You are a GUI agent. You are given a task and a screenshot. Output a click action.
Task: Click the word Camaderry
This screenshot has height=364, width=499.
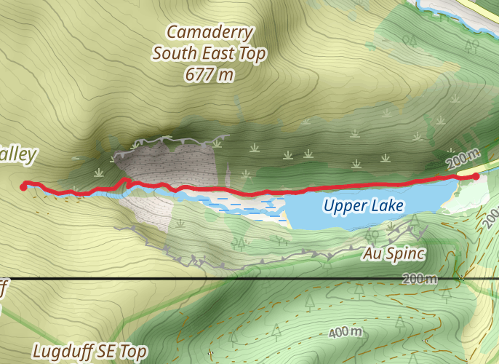[x=209, y=32]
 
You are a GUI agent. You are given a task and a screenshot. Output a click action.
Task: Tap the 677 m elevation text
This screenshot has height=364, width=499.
[x=209, y=74]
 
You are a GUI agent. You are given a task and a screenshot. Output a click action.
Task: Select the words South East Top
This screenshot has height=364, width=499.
[x=209, y=53]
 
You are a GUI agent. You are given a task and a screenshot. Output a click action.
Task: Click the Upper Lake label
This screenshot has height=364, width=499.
[x=363, y=206]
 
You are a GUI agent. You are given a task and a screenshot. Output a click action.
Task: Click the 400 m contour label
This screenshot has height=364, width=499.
[x=346, y=333]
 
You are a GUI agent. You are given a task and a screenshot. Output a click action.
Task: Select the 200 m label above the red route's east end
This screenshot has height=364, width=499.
[x=463, y=157]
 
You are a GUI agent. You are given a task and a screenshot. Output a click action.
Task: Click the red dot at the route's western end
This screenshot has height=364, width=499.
[x=24, y=186]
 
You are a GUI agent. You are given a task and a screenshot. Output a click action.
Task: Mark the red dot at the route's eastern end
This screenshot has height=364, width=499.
[x=476, y=175]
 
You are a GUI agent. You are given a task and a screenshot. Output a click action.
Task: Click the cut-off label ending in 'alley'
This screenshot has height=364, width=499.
[x=17, y=154]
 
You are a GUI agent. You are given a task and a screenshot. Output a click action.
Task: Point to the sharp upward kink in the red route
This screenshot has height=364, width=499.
[x=125, y=180]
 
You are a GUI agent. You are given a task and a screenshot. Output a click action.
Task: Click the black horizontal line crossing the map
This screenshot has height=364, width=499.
[x=218, y=279]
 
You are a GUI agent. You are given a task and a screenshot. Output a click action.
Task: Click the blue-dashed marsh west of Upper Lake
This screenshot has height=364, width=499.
[x=247, y=207]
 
